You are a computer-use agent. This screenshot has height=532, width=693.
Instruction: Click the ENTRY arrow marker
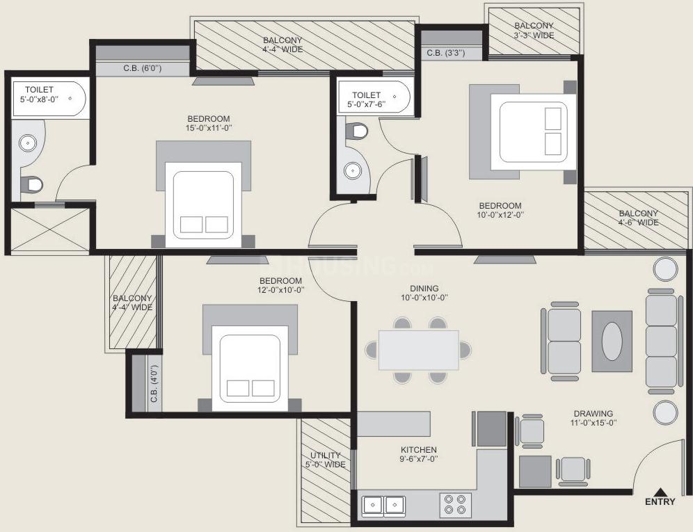660,492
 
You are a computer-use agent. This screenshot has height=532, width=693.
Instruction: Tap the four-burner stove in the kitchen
454,503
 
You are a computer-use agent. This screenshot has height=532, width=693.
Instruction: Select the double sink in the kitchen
384,503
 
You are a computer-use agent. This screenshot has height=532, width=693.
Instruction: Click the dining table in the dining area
418,350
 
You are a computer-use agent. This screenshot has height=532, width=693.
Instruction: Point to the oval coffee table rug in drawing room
612,340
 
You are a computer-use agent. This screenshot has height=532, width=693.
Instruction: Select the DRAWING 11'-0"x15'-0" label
593,418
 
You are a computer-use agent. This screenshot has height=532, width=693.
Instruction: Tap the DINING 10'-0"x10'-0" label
424,293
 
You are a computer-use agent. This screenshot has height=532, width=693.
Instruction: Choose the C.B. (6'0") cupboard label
142,68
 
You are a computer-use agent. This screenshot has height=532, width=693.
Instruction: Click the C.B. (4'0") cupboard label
154,385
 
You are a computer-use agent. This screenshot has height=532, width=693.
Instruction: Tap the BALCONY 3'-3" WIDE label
534,31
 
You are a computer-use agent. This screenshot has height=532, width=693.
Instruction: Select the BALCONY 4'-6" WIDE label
638,218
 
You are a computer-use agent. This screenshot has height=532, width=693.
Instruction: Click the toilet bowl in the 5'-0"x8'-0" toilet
31,184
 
